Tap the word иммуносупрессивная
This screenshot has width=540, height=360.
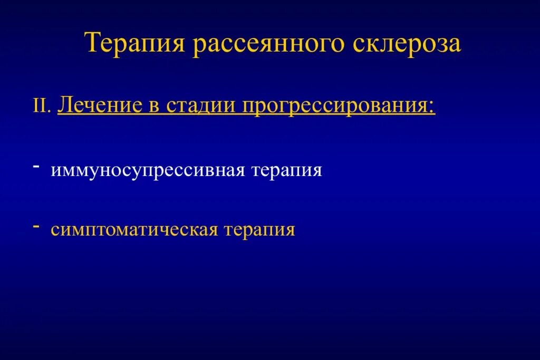(x=147, y=171)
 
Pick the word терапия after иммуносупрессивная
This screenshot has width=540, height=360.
(x=287, y=171)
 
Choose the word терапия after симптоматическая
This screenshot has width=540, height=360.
(x=260, y=230)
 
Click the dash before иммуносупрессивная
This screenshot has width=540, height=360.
(x=36, y=167)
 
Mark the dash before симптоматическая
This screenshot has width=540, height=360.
(x=36, y=225)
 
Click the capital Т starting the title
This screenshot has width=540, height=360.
(x=93, y=43)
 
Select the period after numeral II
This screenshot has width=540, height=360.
(x=50, y=111)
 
